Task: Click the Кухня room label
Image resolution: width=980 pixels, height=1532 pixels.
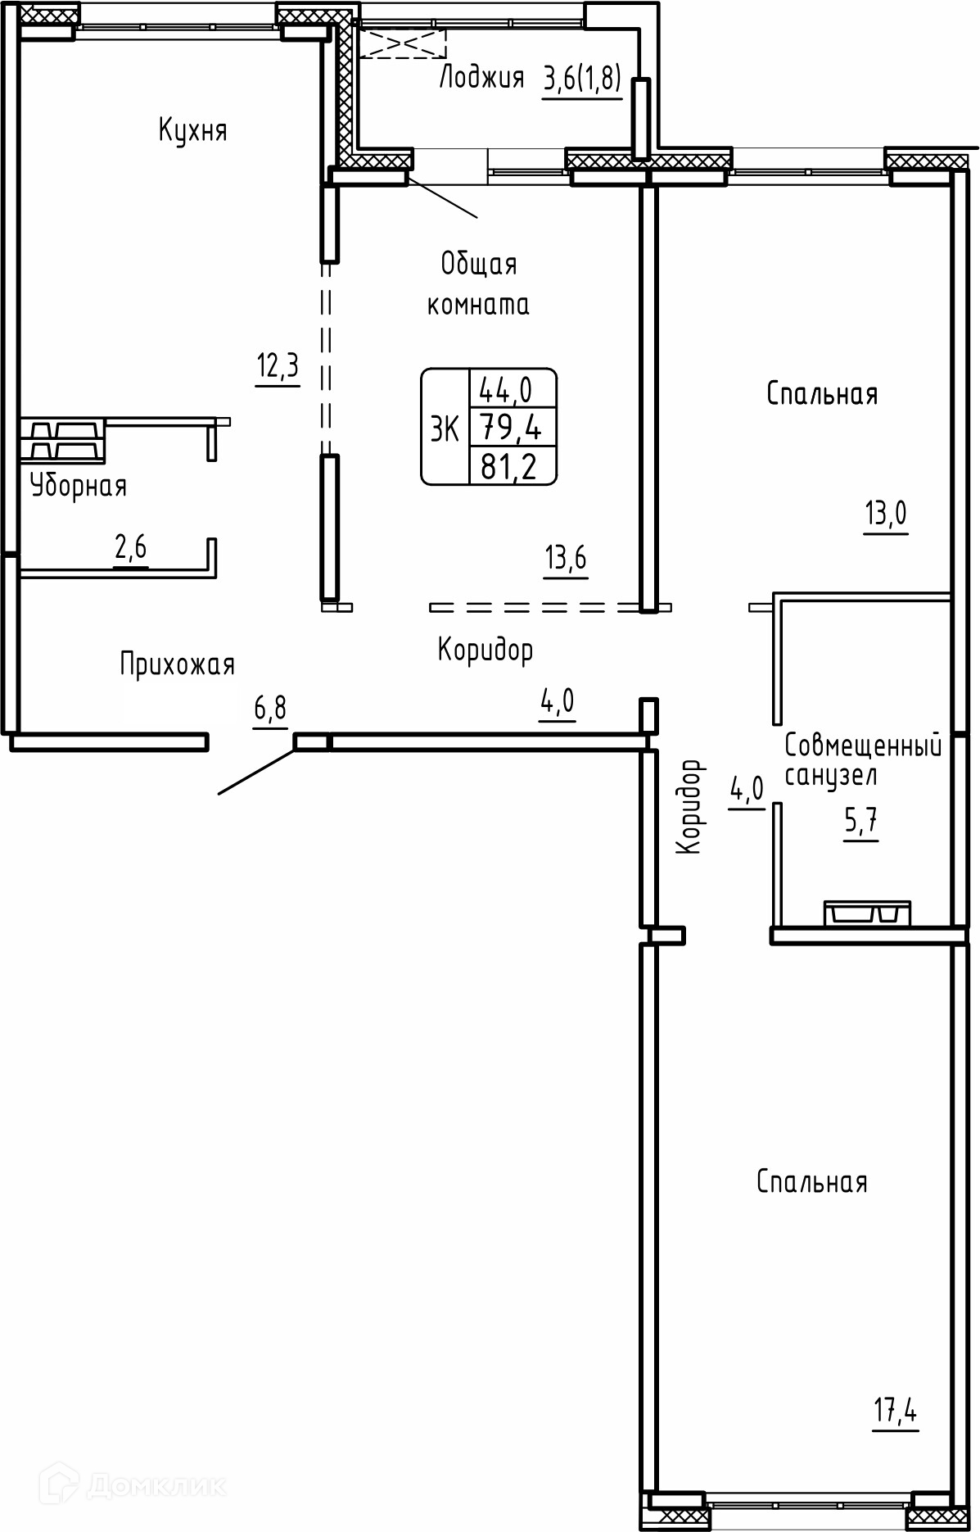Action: [x=192, y=131]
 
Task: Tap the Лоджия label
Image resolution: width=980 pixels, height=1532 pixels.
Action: [x=481, y=78]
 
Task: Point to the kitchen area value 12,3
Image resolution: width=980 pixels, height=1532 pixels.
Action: [x=278, y=367]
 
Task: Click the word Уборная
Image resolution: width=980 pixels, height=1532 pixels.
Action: [x=79, y=487]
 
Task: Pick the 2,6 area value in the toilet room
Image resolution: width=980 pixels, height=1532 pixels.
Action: [x=130, y=547]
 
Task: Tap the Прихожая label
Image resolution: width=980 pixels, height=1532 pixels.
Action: [x=178, y=664]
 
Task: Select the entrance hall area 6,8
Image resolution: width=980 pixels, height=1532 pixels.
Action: [x=270, y=709]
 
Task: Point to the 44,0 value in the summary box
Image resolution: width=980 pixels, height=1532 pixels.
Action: [x=505, y=391]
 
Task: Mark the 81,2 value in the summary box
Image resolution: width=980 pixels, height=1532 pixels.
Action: [x=509, y=467]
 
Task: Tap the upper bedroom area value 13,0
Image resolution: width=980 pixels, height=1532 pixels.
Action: [x=886, y=514]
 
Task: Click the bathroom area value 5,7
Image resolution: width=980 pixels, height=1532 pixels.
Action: [x=861, y=822]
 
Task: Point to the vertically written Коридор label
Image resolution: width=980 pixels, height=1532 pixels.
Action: [x=690, y=807]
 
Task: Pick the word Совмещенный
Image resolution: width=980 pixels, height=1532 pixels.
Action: [x=863, y=746]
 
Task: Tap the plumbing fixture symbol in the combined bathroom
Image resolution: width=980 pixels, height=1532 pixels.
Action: [x=867, y=913]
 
